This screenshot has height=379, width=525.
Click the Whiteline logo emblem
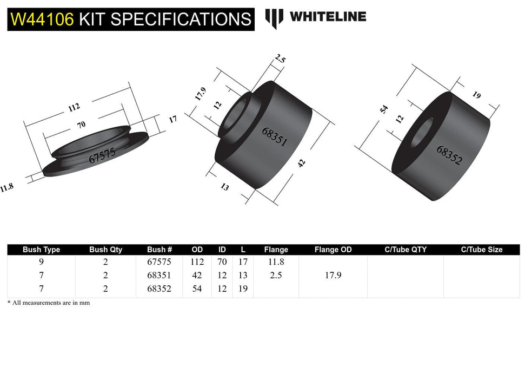tap(274, 18)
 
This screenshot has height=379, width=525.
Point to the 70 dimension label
tap(81, 125)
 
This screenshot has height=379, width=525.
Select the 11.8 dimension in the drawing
tap(7, 188)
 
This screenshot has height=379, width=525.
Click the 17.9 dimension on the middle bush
tap(200, 94)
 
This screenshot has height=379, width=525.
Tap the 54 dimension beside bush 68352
tap(384, 109)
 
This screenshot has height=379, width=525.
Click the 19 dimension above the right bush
tap(476, 95)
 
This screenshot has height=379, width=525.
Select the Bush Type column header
tap(41, 250)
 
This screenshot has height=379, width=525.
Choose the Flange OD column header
tap(333, 250)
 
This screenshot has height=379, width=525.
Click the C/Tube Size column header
tap(481, 250)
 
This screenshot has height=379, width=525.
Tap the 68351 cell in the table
tap(159, 276)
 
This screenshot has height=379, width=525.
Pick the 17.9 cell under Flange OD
tap(333, 276)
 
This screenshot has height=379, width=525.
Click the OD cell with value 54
tap(197, 289)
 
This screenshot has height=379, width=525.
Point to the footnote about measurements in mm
tap(49, 303)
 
